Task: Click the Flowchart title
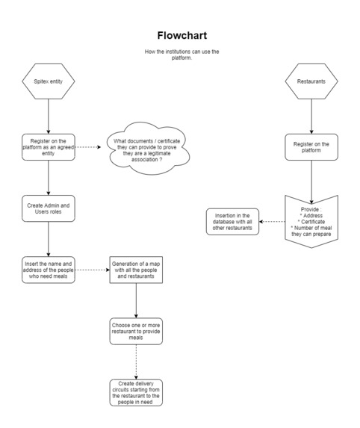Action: (182, 36)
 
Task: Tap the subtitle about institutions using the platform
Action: (181, 55)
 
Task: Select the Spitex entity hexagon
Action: (49, 81)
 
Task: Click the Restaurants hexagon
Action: (311, 81)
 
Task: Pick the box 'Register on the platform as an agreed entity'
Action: (49, 147)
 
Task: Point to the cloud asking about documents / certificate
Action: (148, 149)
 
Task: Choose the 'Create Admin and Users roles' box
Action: (49, 208)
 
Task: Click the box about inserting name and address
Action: (49, 270)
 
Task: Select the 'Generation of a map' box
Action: (136, 270)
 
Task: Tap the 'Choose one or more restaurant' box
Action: (136, 332)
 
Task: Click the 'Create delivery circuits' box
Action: (136, 393)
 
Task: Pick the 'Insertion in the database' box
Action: (232, 222)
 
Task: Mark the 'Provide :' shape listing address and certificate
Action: (311, 222)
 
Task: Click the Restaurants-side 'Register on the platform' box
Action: (311, 147)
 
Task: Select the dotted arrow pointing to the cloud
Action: (88, 147)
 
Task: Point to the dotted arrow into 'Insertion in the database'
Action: (272, 222)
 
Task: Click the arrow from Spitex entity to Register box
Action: (49, 117)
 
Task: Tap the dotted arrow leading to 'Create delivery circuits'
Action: (136, 362)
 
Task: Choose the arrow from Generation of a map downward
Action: (136, 300)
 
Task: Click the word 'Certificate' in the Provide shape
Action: (313, 222)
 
